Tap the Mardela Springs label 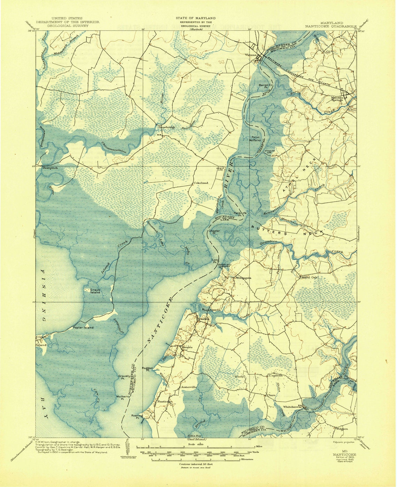point(337,99)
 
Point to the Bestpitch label point(50,168)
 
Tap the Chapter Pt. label point(214,232)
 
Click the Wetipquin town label point(243,278)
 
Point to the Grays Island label point(95,291)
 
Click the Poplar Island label point(83,327)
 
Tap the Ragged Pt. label point(147,369)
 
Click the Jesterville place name point(189,387)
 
